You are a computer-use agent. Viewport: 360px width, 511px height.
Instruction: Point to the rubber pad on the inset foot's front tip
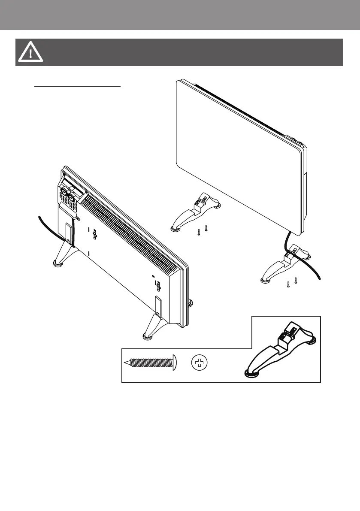pyautogui.click(x=248, y=373)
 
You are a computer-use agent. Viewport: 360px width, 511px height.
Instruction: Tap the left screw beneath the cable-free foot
pyautogui.click(x=199, y=232)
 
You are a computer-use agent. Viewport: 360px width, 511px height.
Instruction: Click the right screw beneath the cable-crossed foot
pyautogui.click(x=296, y=281)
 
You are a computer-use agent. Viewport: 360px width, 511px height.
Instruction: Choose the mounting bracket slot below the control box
pyautogui.click(x=69, y=232)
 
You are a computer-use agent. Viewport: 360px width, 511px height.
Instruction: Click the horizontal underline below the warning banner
pyautogui.click(x=78, y=85)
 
